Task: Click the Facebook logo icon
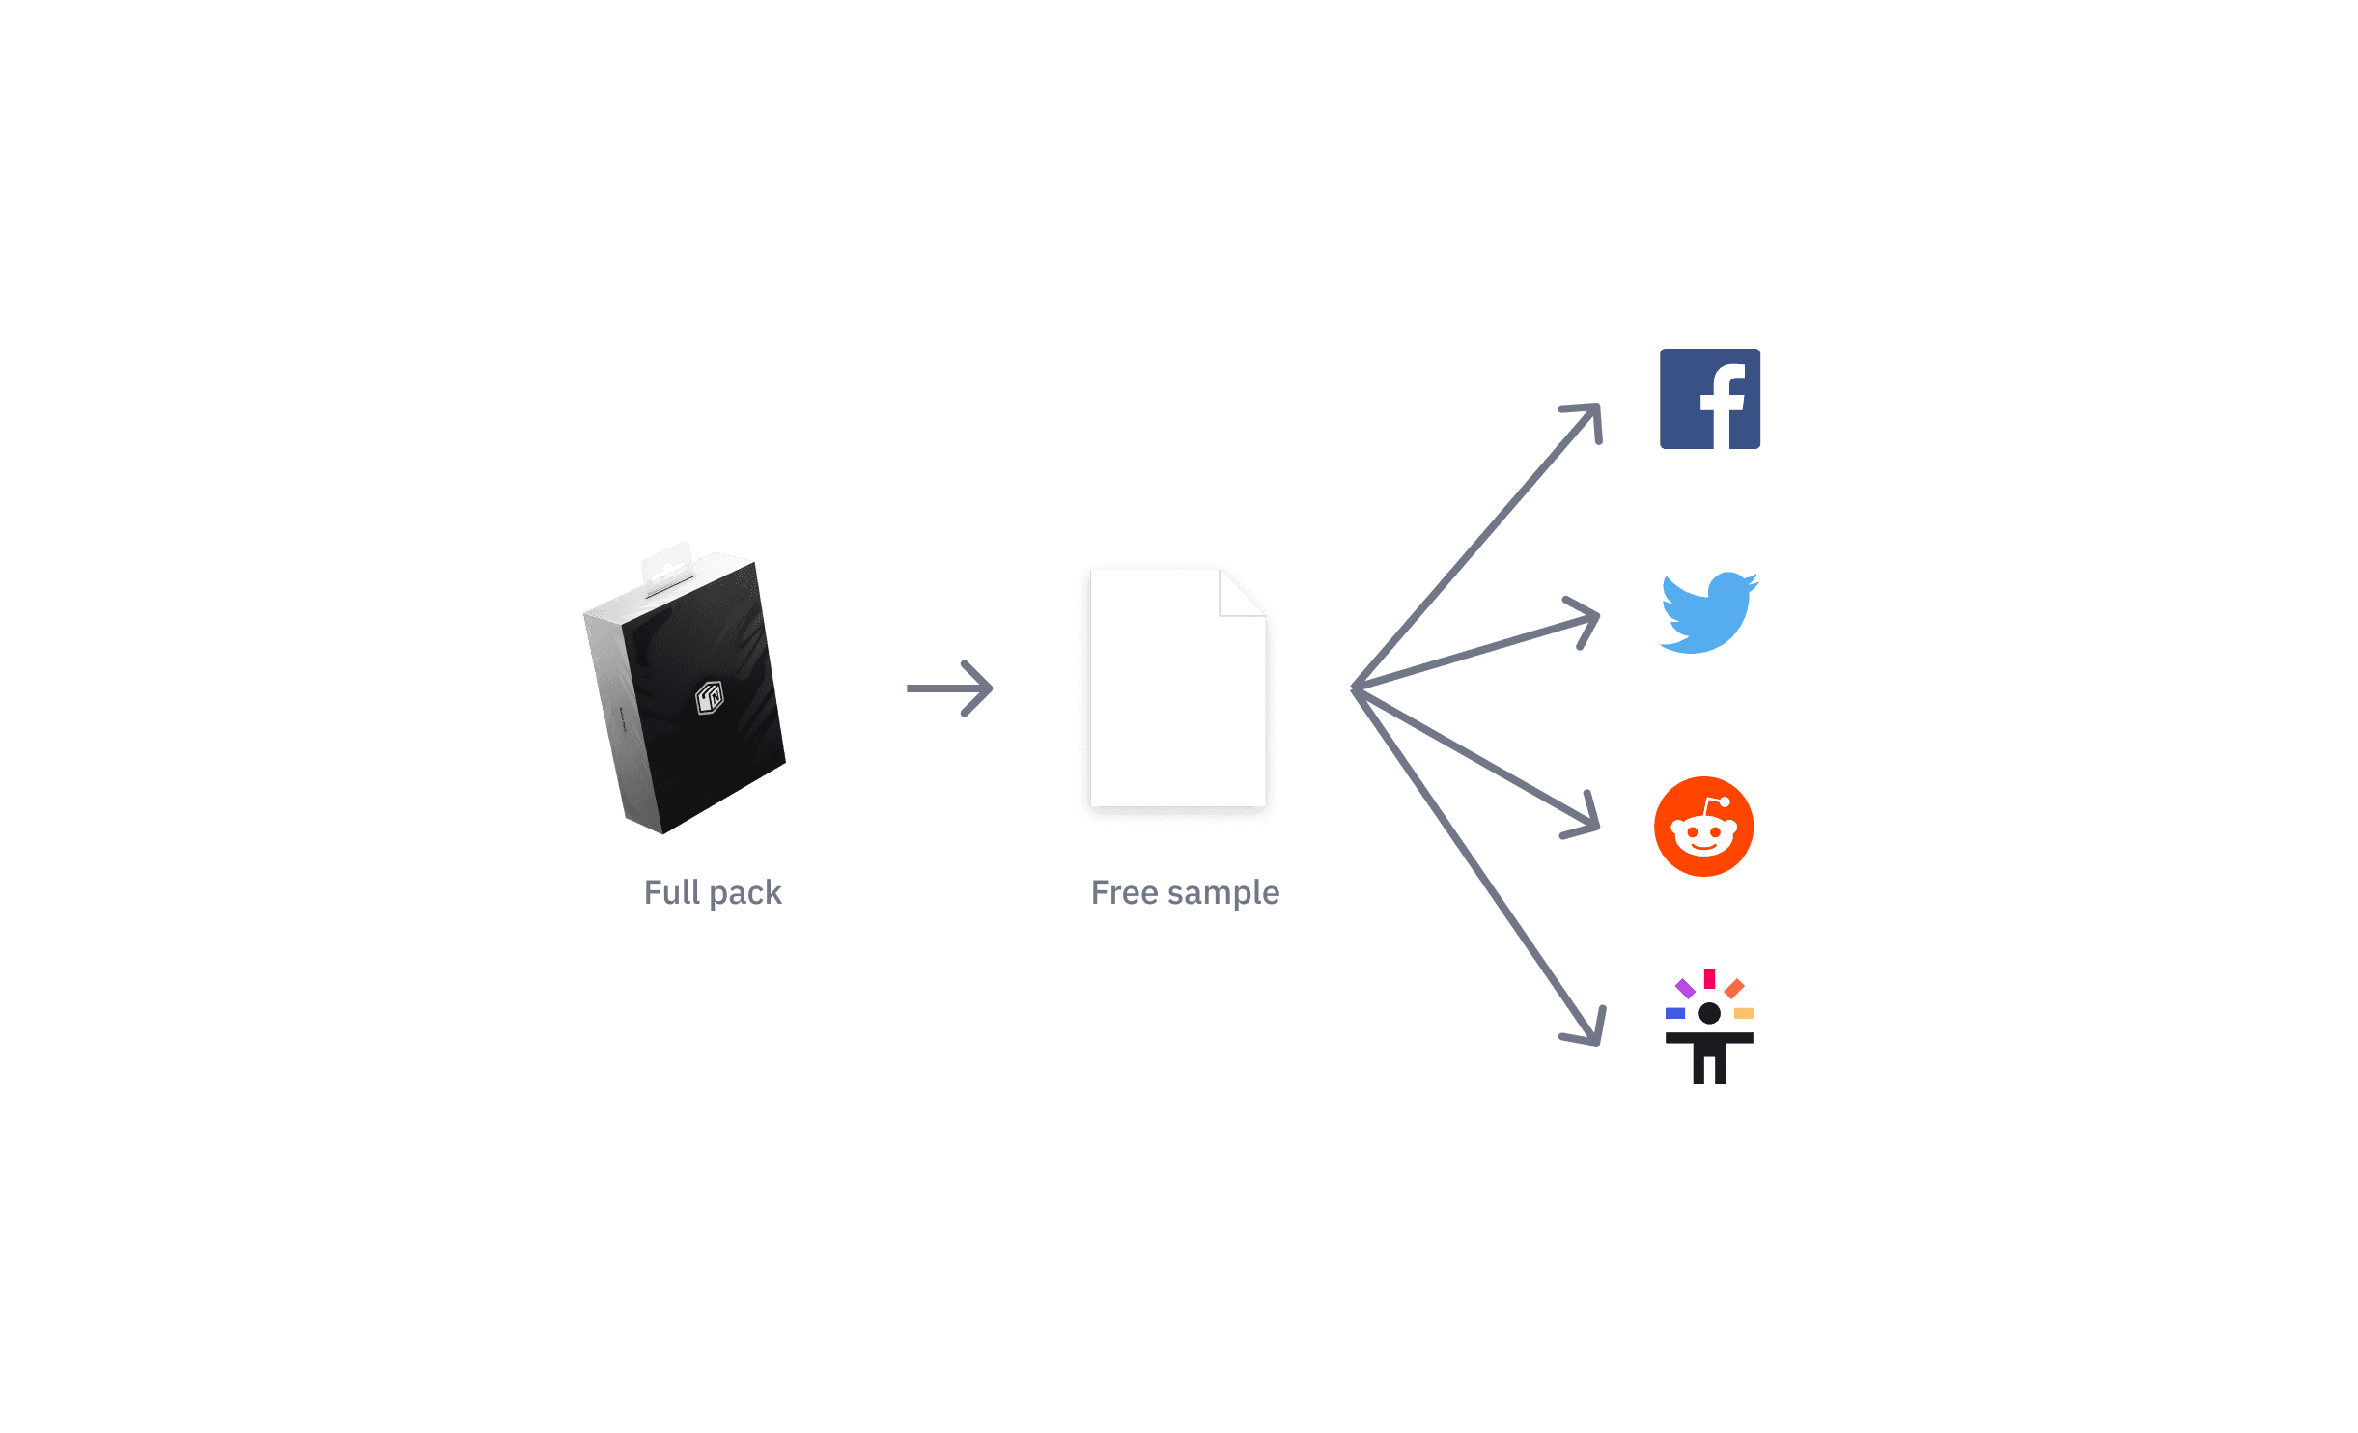[x=1709, y=399]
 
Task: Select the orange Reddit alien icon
[x=1703, y=827]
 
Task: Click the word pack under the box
[x=744, y=893]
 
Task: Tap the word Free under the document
[x=1124, y=893]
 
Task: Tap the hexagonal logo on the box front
[x=710, y=697]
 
